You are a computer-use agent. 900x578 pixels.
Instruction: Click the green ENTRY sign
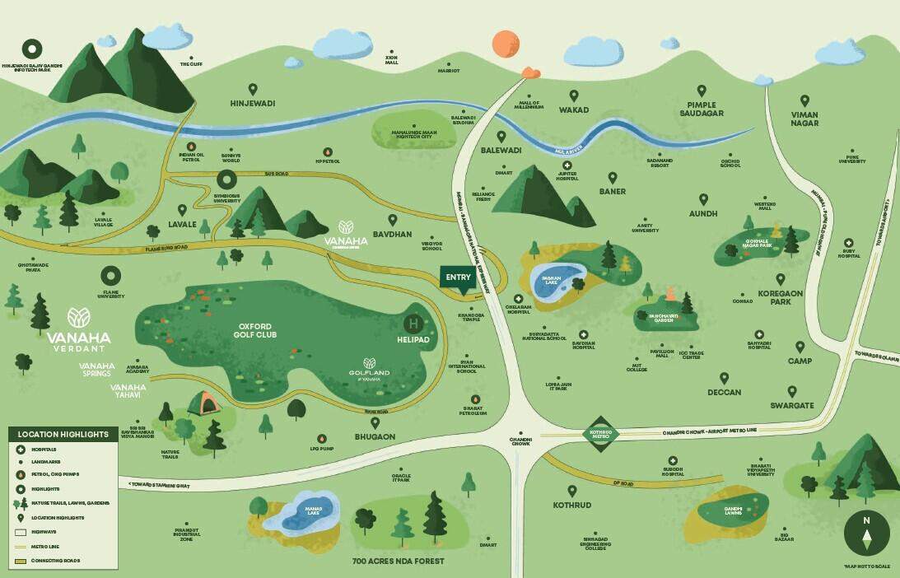459,277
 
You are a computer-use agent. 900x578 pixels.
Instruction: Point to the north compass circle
866,533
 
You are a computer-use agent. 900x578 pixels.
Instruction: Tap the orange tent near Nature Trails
203,403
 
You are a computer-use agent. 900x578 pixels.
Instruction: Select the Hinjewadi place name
252,104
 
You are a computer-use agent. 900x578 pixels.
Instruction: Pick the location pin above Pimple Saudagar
702,91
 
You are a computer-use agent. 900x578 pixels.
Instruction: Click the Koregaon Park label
774,297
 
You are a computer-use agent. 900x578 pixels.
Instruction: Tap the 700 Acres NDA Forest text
399,561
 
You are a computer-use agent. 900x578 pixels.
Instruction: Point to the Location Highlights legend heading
63,434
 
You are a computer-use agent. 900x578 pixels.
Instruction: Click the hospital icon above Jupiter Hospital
567,165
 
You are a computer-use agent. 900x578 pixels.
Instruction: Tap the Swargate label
791,405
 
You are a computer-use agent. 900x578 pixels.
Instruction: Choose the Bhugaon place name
375,436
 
